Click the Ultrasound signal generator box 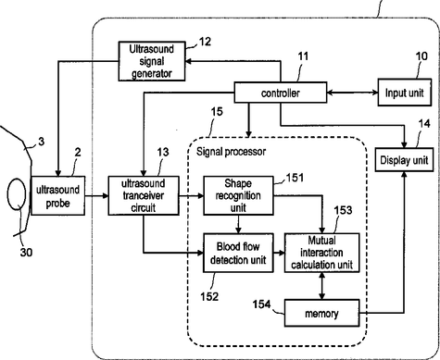[x=152, y=61]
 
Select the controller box [x=281, y=93]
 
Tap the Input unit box [x=405, y=93]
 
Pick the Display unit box [x=404, y=160]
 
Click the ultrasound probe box [x=58, y=195]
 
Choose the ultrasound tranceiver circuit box [x=144, y=195]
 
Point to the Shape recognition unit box [x=238, y=195]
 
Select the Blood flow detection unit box [x=238, y=253]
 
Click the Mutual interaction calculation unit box [x=321, y=253]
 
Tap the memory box [x=321, y=313]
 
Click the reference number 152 [x=209, y=296]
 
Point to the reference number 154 [x=261, y=304]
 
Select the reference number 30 [x=26, y=253]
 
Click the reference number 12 [x=205, y=42]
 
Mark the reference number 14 [x=424, y=124]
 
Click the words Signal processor [x=231, y=152]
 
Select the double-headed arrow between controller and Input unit [x=352, y=93]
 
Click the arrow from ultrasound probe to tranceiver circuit [x=96, y=195]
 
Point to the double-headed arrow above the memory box [x=321, y=286]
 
